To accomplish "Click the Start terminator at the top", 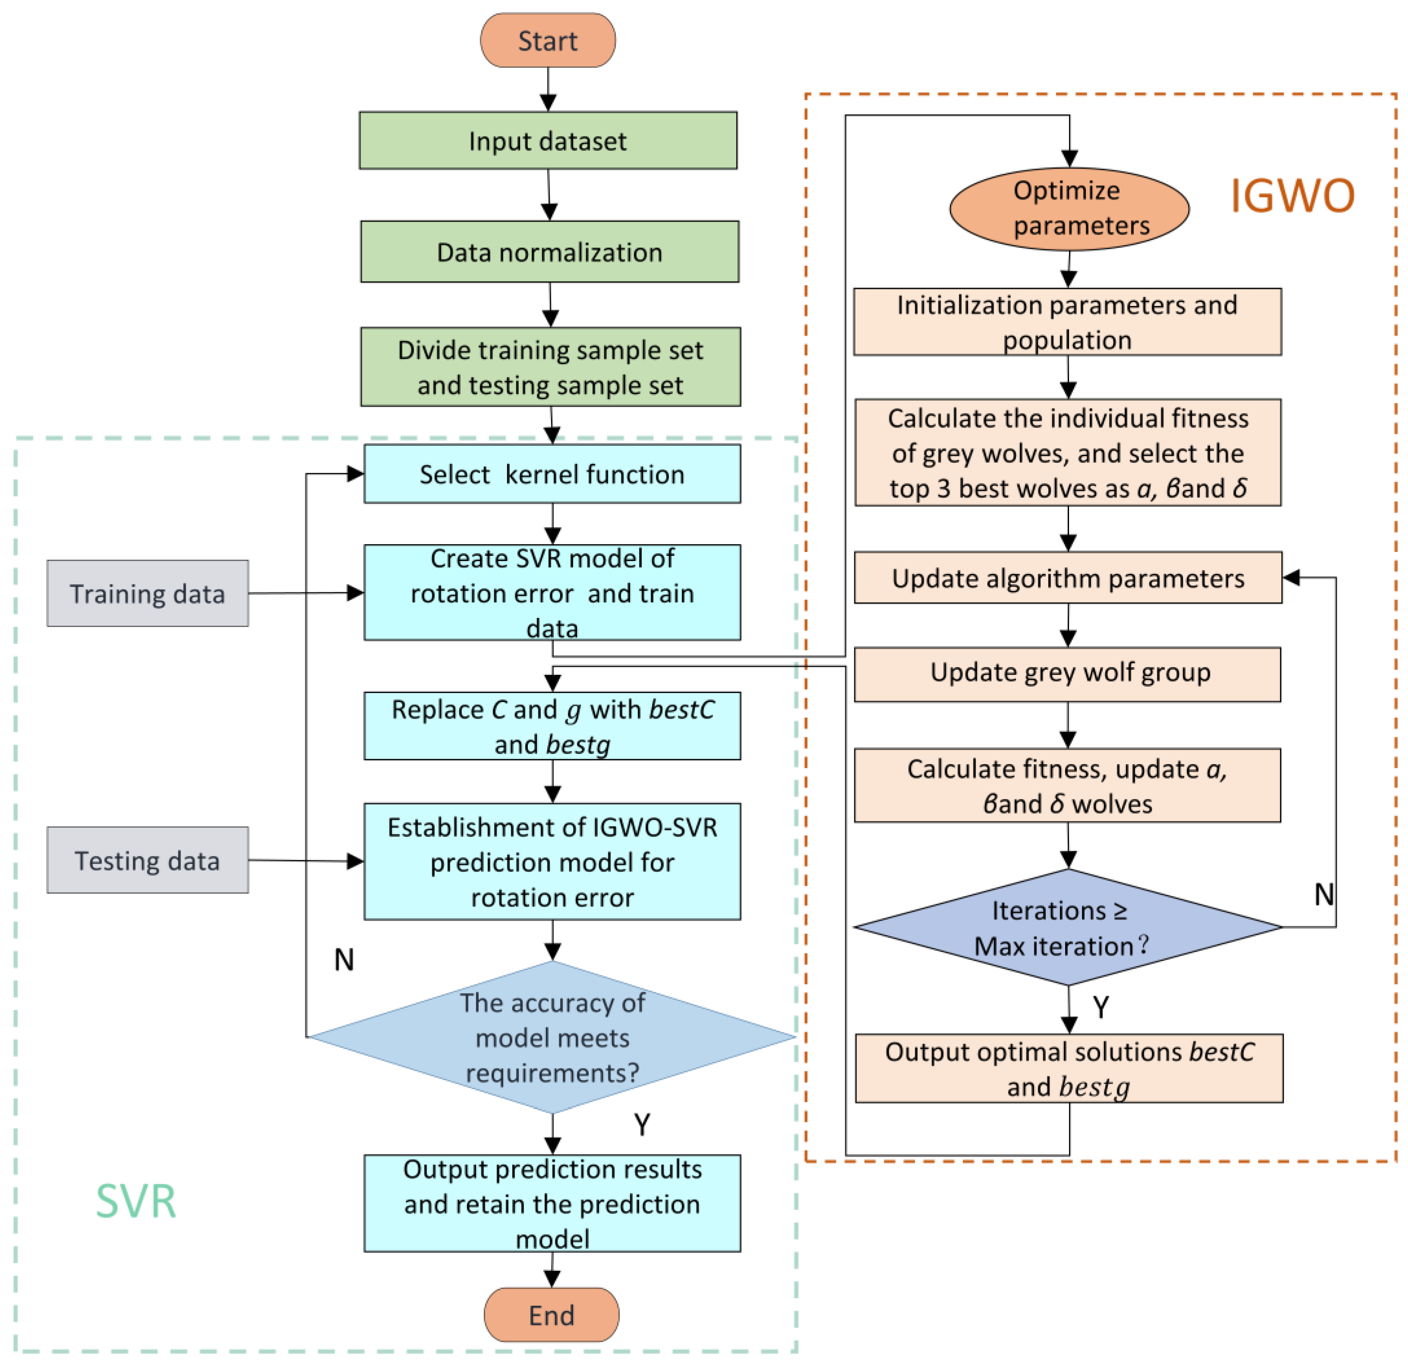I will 548,40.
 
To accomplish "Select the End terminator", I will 551,1315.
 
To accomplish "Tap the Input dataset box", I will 548,140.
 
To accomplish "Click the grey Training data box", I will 147,594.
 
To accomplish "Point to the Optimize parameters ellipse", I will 1069,209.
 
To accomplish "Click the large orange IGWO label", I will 1292,196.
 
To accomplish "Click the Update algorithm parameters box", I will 1068,578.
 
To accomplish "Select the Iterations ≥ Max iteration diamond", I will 1068,928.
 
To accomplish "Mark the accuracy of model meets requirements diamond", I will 552,1037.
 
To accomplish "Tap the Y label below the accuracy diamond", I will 642,1124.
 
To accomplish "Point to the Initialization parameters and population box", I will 1068,322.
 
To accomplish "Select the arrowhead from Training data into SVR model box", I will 355,593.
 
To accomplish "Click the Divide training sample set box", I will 550,367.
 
